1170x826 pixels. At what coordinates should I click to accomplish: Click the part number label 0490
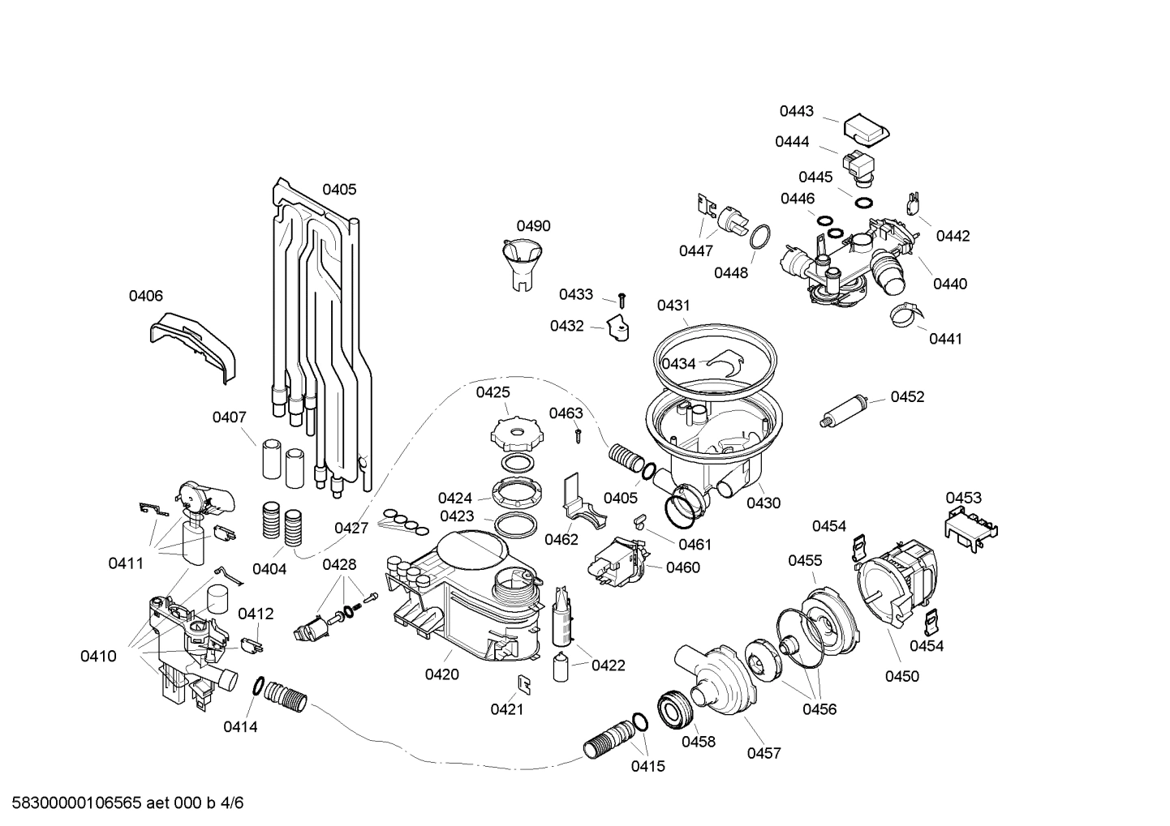pyautogui.click(x=533, y=226)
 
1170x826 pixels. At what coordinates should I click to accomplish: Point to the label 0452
pyautogui.click(x=907, y=396)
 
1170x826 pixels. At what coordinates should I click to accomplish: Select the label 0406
pyautogui.click(x=146, y=297)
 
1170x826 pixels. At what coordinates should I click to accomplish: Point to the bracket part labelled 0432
pyautogui.click(x=618, y=328)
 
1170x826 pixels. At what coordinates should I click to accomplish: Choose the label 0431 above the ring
pyautogui.click(x=673, y=306)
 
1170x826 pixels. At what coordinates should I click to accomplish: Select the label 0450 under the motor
pyautogui.click(x=901, y=676)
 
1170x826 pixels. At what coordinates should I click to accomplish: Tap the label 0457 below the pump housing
pyautogui.click(x=764, y=753)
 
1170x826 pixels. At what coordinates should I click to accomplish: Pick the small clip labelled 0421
pyautogui.click(x=525, y=683)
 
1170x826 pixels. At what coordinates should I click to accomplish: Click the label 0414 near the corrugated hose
pyautogui.click(x=240, y=727)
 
